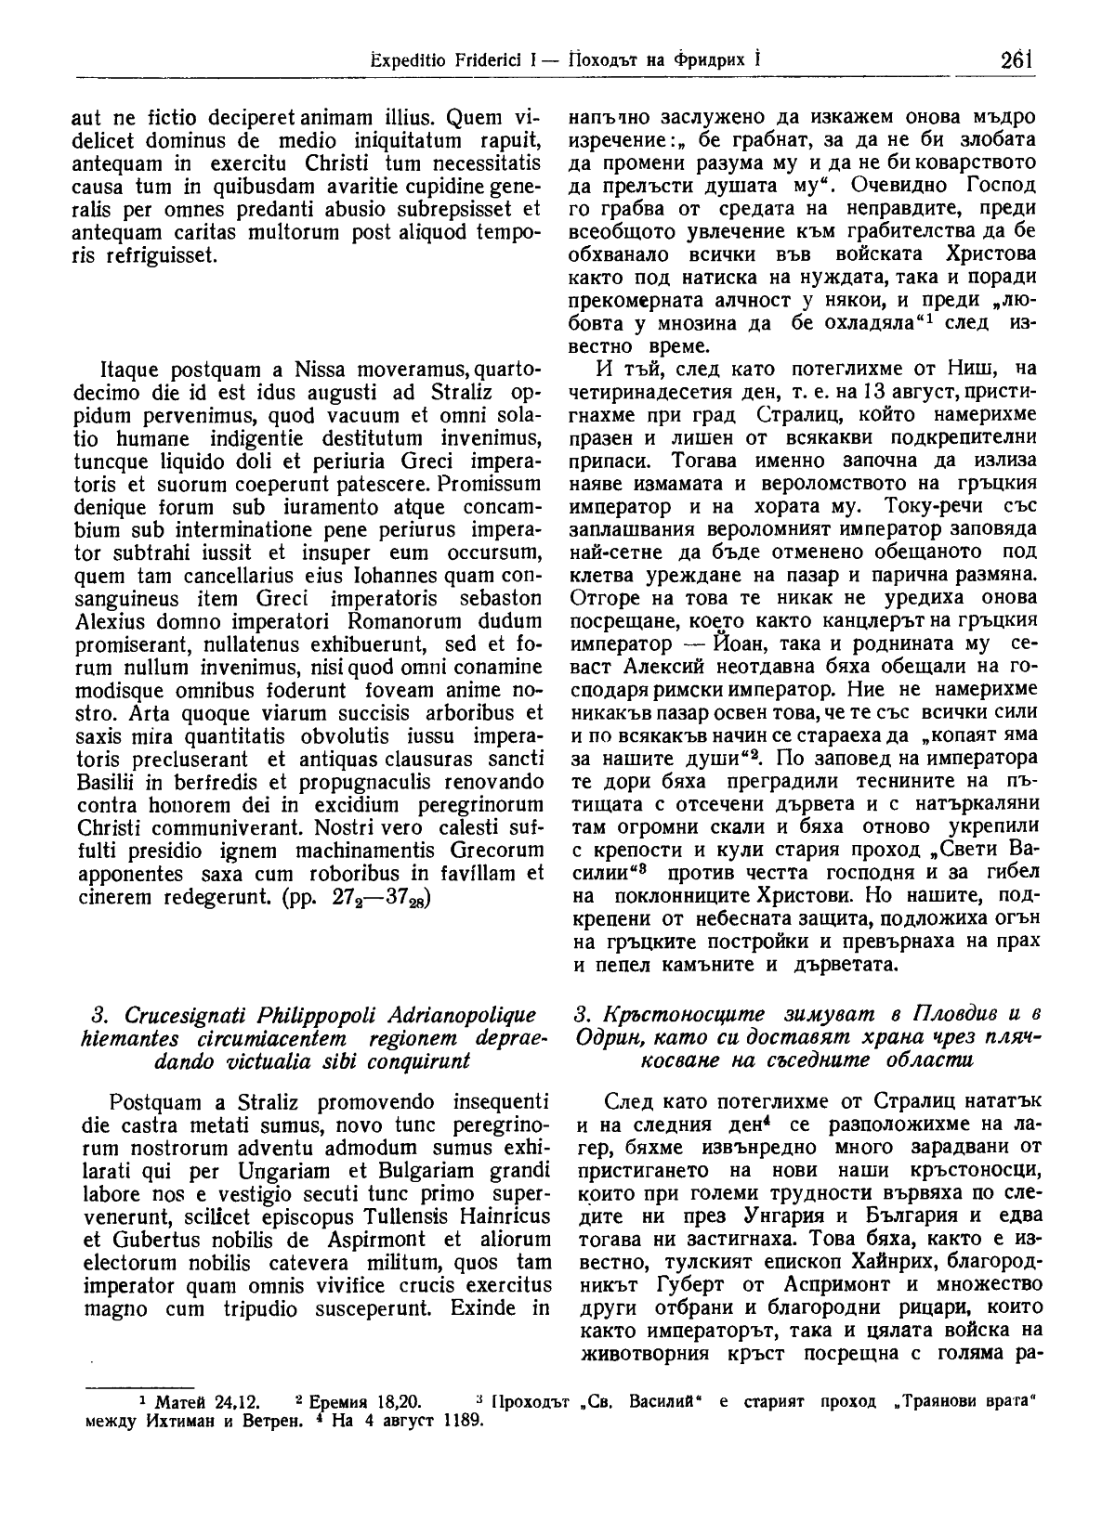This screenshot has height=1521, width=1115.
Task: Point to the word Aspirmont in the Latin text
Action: click(337, 1238)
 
